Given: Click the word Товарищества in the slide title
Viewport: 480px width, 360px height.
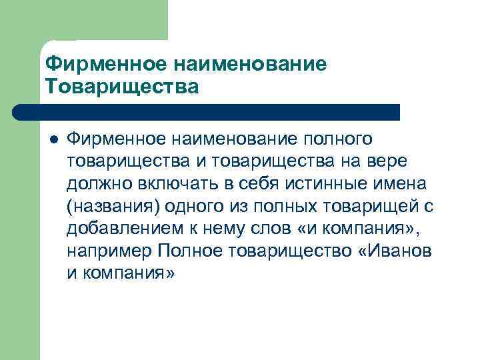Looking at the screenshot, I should point(122,87).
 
